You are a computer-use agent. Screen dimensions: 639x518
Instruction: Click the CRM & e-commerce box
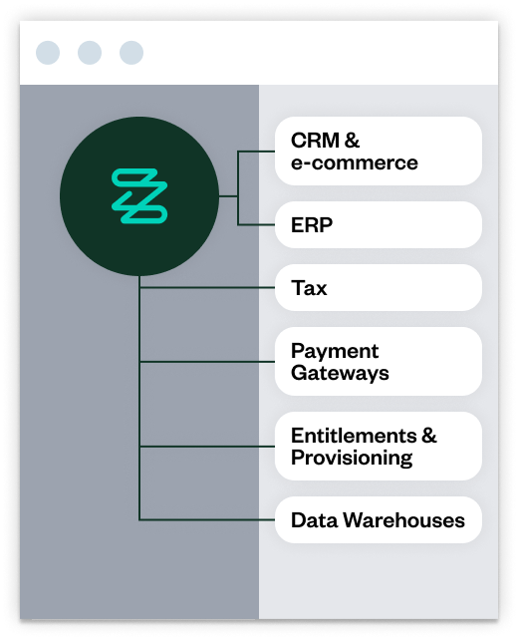379,152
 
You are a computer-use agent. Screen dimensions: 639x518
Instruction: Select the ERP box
379,225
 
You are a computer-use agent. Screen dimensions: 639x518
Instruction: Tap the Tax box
379,288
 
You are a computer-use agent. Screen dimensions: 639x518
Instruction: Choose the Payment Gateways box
379,362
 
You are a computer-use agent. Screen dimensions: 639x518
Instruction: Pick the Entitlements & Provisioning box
379,447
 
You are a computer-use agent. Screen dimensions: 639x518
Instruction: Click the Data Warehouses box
379,519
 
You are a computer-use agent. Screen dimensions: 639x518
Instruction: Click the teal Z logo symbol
139,196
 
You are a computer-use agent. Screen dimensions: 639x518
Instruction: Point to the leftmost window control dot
48,52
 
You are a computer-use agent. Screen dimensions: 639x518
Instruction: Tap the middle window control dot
90,52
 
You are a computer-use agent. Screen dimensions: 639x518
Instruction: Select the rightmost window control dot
131,52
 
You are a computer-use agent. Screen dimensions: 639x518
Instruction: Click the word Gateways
340,374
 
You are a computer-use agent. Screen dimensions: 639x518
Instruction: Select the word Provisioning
352,459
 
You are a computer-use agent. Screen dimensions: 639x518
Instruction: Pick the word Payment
335,351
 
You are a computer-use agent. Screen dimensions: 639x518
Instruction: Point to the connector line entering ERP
257,225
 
